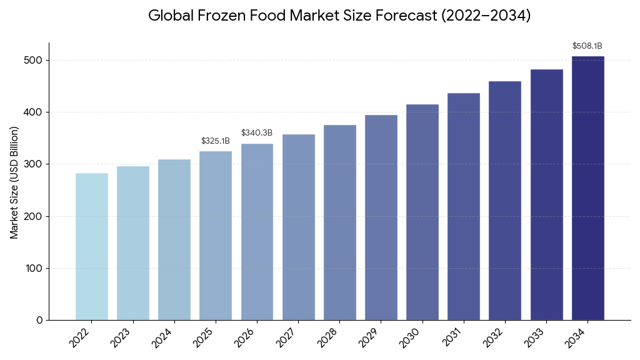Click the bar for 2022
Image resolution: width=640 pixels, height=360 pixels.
pos(92,246)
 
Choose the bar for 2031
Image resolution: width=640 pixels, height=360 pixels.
pos(464,206)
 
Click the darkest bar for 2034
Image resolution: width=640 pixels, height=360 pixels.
pos(587,188)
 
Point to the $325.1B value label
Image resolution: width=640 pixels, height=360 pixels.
pos(216,141)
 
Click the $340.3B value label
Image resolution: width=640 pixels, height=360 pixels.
pos(257,133)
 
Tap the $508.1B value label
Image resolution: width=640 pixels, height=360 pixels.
pos(587,46)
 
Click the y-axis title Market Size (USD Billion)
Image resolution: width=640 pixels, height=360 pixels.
pos(14,182)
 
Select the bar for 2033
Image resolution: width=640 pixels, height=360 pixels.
pos(546,194)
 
